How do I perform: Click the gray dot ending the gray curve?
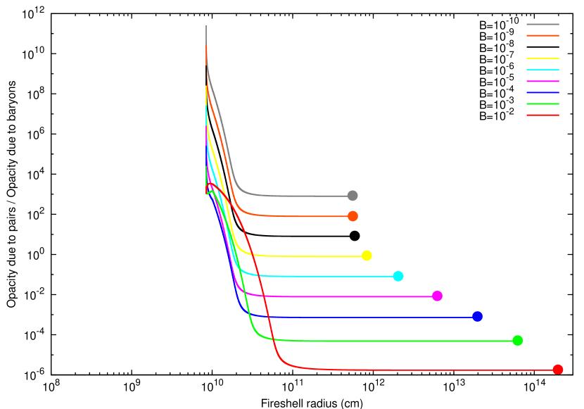point(353,196)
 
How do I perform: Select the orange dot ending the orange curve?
point(353,216)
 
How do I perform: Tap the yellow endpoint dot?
point(367,256)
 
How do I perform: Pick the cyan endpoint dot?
point(398,276)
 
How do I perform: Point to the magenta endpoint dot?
point(437,296)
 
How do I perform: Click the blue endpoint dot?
point(477,317)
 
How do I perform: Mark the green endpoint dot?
point(517,341)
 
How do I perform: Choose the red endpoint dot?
point(558,370)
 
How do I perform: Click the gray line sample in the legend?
point(542,24)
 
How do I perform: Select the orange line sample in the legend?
point(542,35)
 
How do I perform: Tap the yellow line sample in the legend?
point(542,58)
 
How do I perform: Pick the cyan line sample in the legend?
point(542,70)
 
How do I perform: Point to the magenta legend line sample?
point(542,81)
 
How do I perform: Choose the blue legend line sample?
point(542,92)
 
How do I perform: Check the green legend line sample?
point(542,103)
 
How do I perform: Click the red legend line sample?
point(542,115)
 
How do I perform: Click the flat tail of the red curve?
point(422,370)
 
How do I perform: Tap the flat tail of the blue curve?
point(366,317)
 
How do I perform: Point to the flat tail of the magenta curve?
point(352,296)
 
